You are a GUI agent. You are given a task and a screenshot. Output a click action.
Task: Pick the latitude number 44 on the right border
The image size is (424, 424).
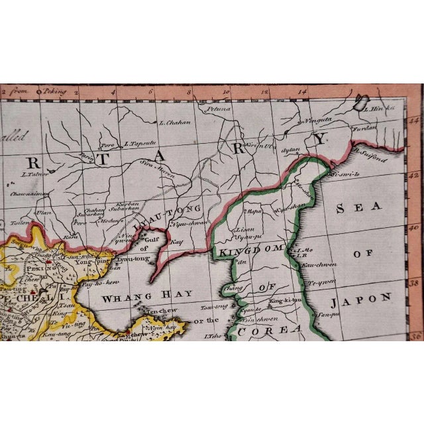click(x=415, y=121)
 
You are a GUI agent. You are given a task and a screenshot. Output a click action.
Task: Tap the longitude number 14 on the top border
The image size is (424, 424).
click(x=303, y=92)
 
